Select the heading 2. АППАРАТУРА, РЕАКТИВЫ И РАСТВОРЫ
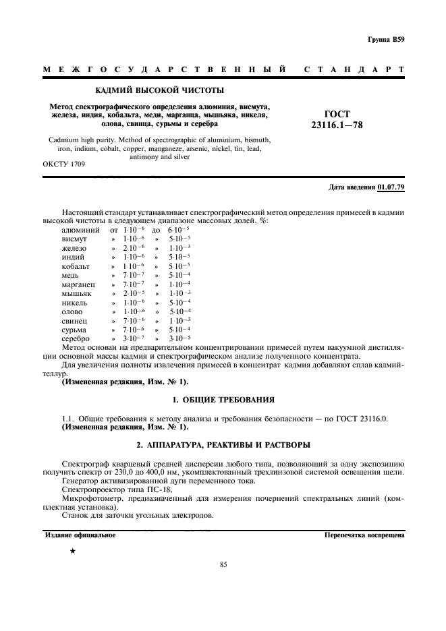223,446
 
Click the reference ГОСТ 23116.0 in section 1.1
362,419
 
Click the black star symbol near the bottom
72,551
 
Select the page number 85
223,565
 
